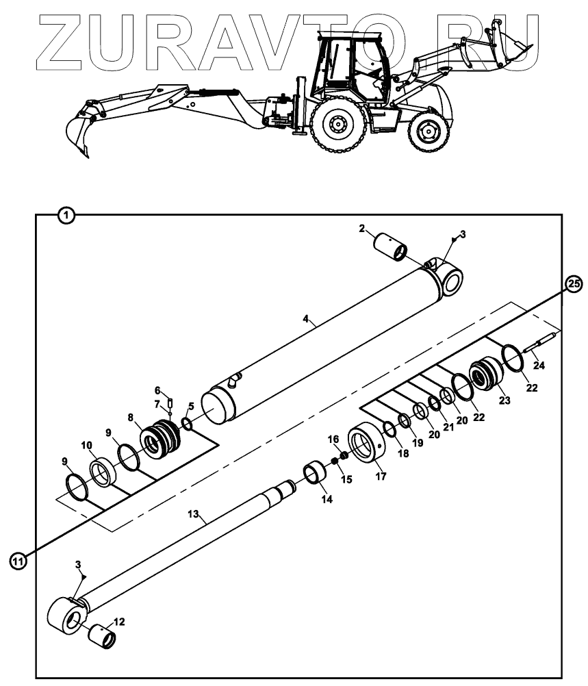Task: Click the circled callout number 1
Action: (x=66, y=215)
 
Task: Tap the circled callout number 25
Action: (x=575, y=284)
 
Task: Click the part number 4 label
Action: (x=307, y=320)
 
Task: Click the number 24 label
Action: (x=539, y=366)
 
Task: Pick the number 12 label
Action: (x=119, y=622)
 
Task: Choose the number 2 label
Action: (x=361, y=229)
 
